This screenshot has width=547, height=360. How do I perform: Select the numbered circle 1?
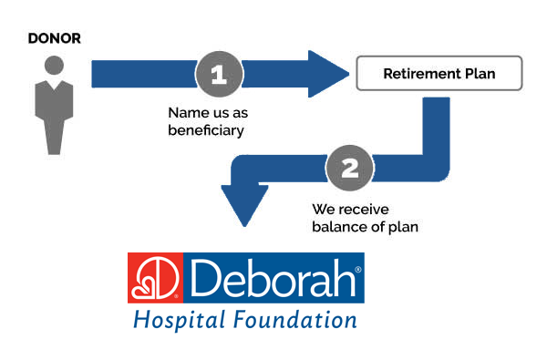(x=219, y=73)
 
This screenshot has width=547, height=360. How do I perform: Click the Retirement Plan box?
(x=439, y=74)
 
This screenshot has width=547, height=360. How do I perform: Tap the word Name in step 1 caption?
(x=186, y=115)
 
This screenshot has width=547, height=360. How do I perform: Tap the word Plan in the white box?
(x=480, y=74)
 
